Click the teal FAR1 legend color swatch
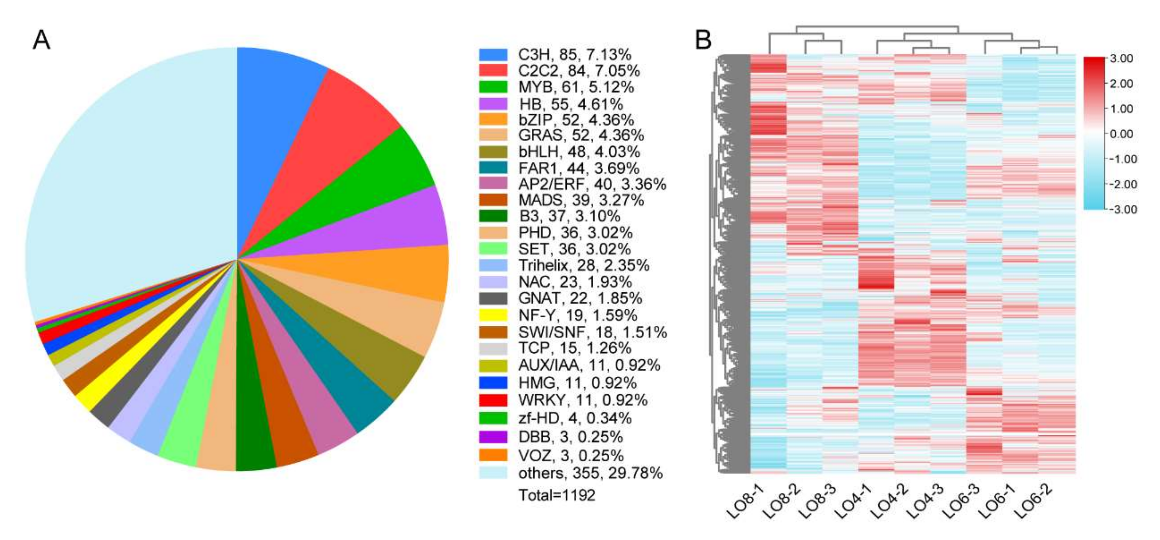point(493,168)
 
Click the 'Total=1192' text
point(557,495)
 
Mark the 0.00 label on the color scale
point(1121,134)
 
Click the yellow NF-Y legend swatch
point(493,315)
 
